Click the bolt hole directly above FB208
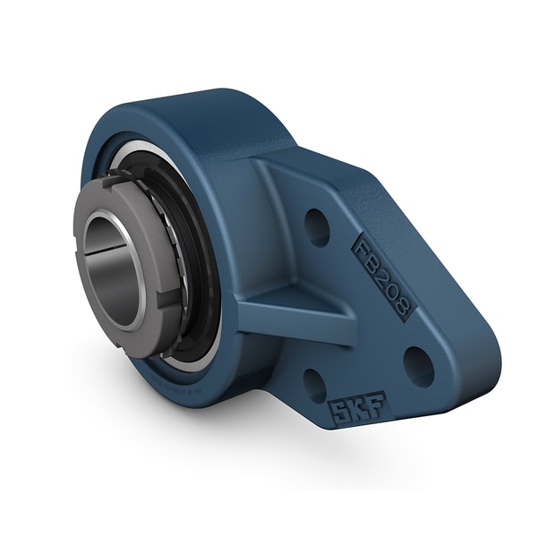[317, 227]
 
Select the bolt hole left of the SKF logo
[313, 385]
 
